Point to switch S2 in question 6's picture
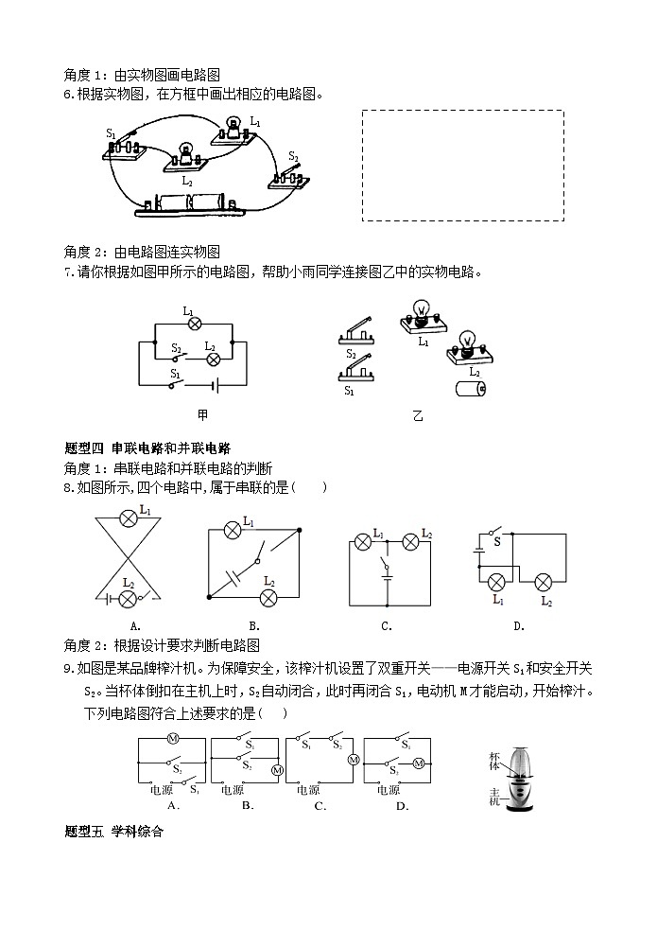click(289, 177)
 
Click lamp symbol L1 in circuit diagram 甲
click(195, 324)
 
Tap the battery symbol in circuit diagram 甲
click(215, 386)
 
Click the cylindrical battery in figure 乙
click(471, 389)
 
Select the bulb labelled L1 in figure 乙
click(423, 317)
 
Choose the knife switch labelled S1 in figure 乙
click(356, 370)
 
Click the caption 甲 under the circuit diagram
click(202, 415)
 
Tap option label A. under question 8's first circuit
click(135, 626)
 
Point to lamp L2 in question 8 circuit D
click(543, 583)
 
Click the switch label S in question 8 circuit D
click(497, 541)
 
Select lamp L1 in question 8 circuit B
click(233, 531)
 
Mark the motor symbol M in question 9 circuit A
click(172, 739)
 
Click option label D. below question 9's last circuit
click(403, 806)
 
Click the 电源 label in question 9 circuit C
click(308, 790)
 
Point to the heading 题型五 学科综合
click(113, 832)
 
